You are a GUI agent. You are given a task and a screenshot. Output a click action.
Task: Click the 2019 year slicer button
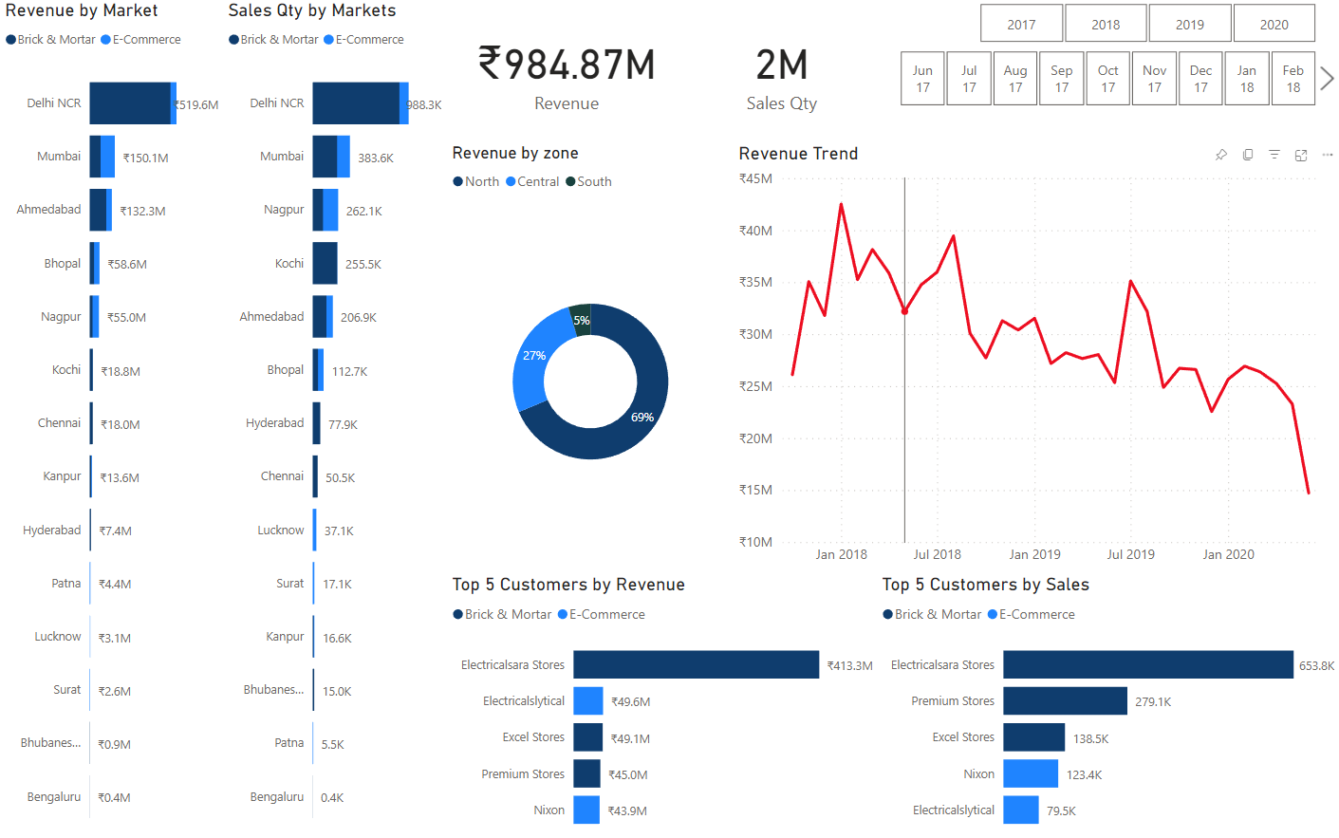1189,24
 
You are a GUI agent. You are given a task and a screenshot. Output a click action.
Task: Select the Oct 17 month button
1107,79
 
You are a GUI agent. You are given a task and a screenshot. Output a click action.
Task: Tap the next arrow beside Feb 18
1327,79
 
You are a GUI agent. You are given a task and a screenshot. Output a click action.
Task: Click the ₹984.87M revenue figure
567,65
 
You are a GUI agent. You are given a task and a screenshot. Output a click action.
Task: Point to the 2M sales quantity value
781,65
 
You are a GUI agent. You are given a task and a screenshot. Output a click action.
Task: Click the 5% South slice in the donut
581,319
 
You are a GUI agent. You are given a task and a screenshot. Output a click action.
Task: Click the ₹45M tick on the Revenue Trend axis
755,178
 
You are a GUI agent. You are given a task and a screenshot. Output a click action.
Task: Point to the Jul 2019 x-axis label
1130,554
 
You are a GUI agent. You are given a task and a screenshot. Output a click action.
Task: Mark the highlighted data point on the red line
904,310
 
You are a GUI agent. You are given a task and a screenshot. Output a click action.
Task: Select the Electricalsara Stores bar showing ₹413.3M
695,664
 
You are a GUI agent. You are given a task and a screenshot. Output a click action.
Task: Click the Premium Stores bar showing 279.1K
1064,701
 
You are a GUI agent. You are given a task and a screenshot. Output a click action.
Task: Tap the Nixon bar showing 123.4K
1030,773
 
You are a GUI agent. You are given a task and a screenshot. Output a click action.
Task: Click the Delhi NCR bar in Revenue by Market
130,103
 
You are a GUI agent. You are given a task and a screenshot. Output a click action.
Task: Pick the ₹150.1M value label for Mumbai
145,158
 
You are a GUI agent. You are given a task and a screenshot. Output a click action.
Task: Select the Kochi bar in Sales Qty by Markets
325,264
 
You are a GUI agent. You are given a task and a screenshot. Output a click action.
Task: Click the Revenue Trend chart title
798,154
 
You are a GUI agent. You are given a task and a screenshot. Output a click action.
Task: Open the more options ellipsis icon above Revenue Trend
1327,155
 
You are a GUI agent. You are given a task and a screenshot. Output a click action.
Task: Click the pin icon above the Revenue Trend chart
1221,155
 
